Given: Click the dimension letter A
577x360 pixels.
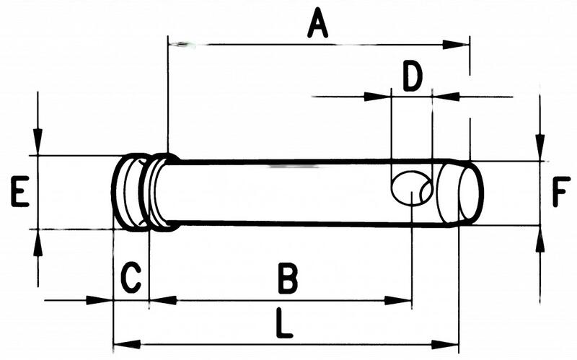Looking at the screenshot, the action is (x=317, y=24).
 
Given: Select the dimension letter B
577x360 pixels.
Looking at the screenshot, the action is (x=288, y=278).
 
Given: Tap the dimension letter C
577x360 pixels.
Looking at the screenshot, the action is (x=131, y=277).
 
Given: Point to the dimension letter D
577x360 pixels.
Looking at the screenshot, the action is (x=413, y=76).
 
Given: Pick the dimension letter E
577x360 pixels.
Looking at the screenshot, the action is (x=20, y=191).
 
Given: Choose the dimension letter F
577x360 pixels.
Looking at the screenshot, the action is (x=561, y=191).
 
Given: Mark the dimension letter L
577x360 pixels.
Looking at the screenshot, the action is (x=284, y=323).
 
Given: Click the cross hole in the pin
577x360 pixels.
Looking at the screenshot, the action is (x=411, y=188).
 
